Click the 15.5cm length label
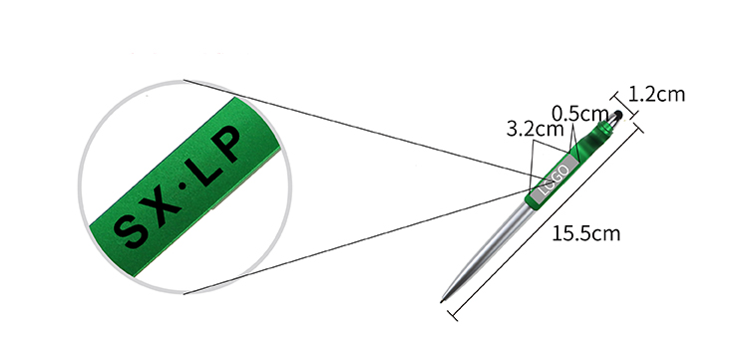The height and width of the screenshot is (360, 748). pos(585,233)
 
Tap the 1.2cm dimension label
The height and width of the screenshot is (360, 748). pos(656,95)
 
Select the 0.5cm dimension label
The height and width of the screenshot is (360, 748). pos(580,114)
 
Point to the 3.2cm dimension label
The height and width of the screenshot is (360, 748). pos(535,129)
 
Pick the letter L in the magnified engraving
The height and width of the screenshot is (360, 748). pos(204,170)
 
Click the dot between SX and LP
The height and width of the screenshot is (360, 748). pos(182,188)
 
